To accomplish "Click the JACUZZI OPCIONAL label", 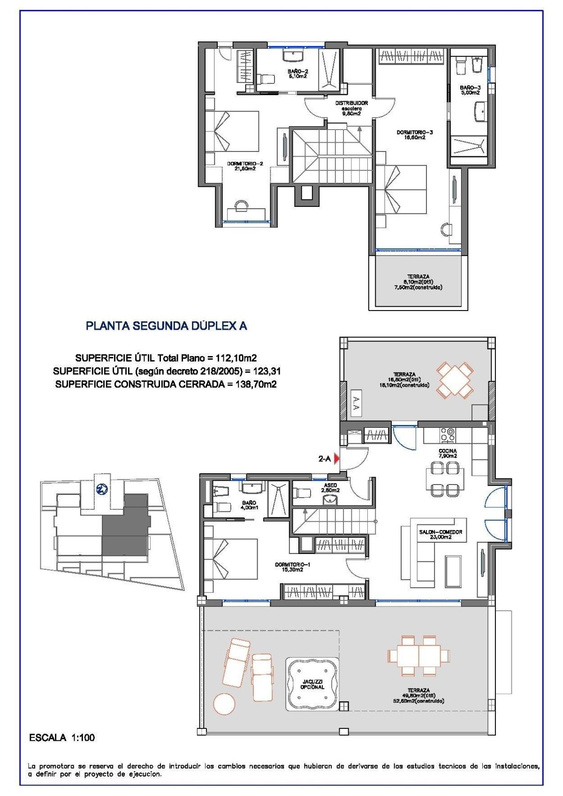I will pos(312,684).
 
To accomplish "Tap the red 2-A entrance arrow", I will pos(336,459).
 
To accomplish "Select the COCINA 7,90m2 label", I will pos(447,453).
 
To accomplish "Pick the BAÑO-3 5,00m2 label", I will pos(470,90).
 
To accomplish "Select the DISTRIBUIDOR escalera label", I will pos(351,108).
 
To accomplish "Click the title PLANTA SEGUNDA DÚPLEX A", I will pos(166,326).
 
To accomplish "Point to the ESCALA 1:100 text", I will pos(62,738).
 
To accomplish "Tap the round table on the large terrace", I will pos(224,704).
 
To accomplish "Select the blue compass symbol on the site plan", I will pos(102,490).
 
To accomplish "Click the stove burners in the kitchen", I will pos(448,435).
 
